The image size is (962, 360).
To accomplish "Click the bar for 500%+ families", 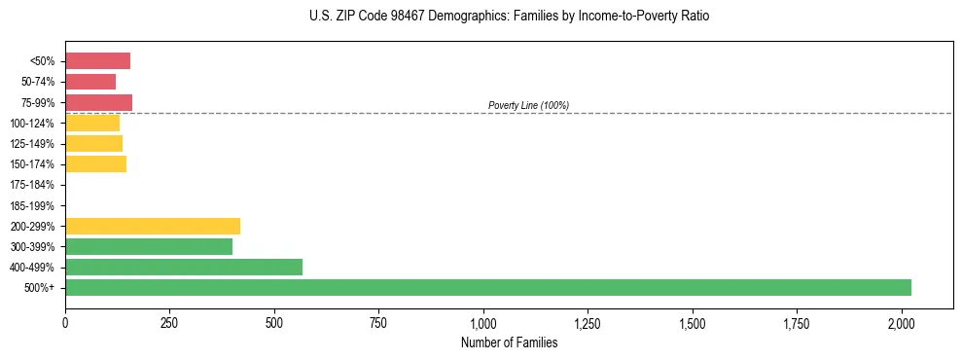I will [487, 287].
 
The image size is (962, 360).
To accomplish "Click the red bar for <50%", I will [97, 61].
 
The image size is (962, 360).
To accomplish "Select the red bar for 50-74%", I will [90, 82].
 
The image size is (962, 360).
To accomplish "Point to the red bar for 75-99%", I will [98, 102].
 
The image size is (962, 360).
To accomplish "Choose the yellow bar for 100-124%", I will [92, 123].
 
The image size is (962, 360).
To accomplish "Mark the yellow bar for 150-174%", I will [95, 163].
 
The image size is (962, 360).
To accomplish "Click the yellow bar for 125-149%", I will [93, 143].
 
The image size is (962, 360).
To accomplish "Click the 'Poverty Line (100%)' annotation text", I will [528, 105].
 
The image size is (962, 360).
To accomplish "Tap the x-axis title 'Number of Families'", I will [509, 342].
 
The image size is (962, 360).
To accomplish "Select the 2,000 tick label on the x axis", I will [902, 322].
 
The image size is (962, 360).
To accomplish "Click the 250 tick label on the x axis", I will [169, 322].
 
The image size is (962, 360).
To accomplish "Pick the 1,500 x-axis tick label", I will [693, 322].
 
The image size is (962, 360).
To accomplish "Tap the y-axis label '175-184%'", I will [32, 185].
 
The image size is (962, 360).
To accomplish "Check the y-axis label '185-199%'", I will [32, 205].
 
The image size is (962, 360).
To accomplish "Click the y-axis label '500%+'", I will [40, 288].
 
